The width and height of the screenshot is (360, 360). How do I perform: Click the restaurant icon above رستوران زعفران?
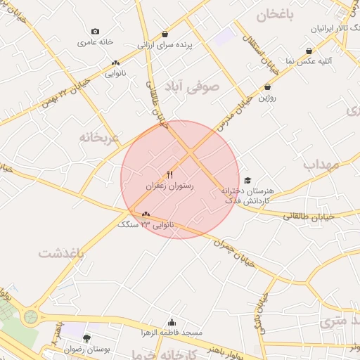tap(169, 174)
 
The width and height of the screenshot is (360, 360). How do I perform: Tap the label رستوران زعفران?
tap(169, 186)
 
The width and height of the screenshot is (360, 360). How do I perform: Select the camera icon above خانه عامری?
tap(96, 31)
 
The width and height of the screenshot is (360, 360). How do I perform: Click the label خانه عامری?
tap(96, 42)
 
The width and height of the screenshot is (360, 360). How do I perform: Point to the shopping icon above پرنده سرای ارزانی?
tap(165, 34)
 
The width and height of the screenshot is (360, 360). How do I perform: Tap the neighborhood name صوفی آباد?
tap(192, 86)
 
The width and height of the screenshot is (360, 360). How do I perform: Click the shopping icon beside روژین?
tap(267, 86)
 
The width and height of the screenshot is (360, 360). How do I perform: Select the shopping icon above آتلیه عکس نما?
tap(309, 51)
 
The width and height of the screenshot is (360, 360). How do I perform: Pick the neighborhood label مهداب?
tap(321, 165)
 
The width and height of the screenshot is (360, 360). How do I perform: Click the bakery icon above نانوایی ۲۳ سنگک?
tap(146, 214)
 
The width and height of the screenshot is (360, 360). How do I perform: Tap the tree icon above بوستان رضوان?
tap(86, 338)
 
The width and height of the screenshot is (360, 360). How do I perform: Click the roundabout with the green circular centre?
tap(30, 316)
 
